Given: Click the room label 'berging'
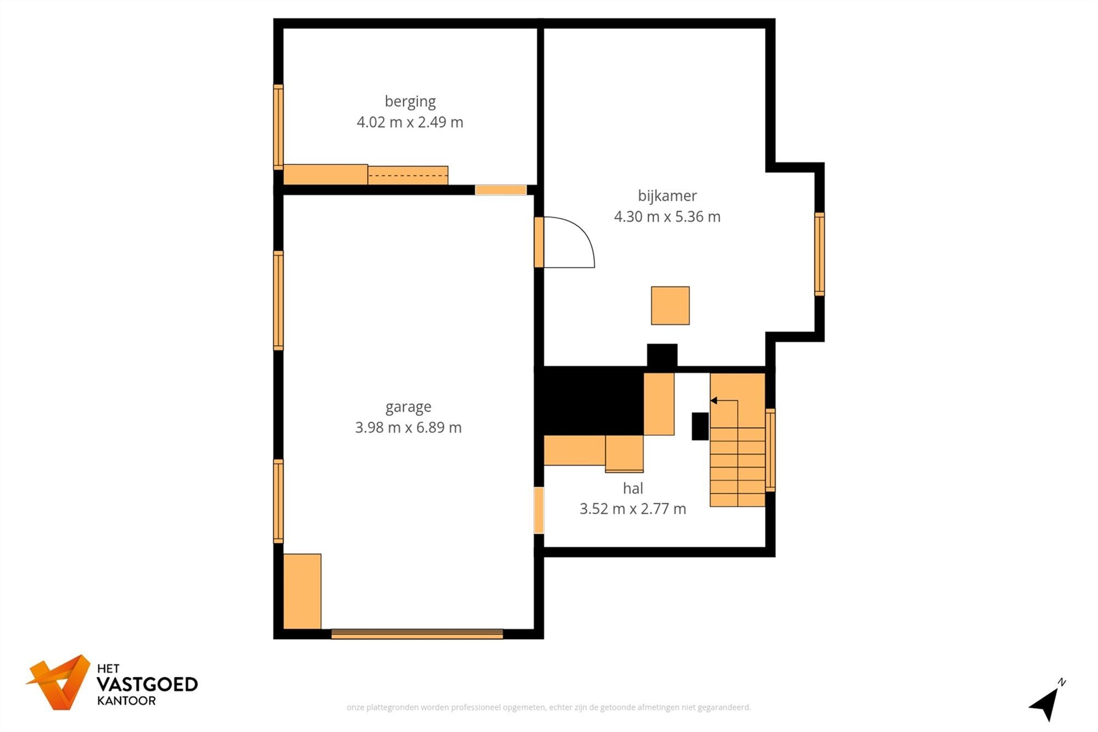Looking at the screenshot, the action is (x=410, y=102).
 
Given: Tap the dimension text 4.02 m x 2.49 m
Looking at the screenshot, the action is (x=410, y=122).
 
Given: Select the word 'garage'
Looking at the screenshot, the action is (x=408, y=407).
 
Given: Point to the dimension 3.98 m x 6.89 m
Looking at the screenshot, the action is (x=408, y=427).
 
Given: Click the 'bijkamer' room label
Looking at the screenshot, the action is (x=667, y=196).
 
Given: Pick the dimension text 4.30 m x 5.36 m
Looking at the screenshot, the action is (x=667, y=216).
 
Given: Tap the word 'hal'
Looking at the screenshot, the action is (x=633, y=488).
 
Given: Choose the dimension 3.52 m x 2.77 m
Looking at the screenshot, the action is (x=633, y=509).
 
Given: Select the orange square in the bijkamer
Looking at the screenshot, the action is (x=670, y=305).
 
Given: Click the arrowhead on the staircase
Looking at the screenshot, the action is (x=714, y=400).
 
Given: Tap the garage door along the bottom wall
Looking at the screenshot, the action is (x=417, y=634).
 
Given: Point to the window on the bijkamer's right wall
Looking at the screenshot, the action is (x=819, y=254).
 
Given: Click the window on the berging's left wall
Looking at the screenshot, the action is (x=278, y=127).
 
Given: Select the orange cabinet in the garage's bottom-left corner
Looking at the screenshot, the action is (x=302, y=591).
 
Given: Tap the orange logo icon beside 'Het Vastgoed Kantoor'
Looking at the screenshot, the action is (x=59, y=682).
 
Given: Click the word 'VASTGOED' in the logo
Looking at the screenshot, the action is (x=147, y=684).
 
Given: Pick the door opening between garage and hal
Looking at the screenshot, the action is (x=539, y=510).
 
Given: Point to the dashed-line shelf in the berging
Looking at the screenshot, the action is (x=408, y=175).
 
